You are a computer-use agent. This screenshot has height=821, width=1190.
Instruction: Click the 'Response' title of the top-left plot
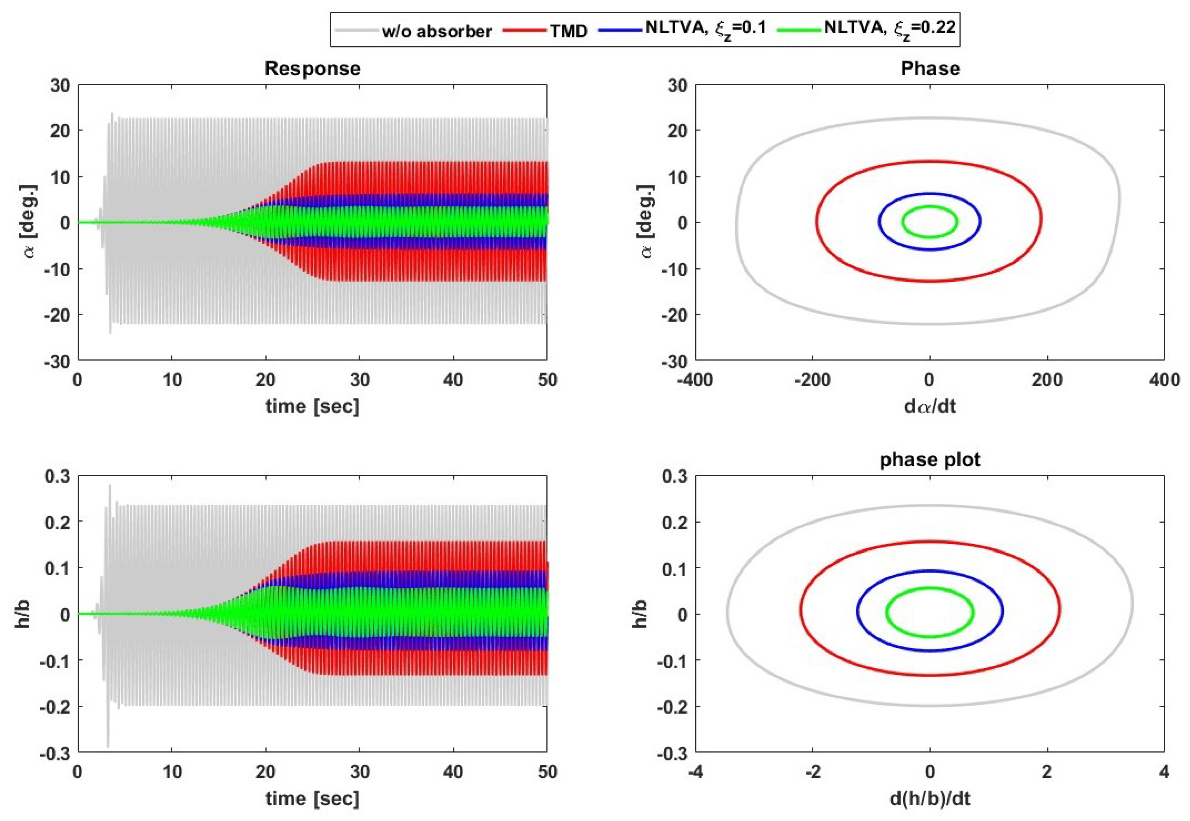pyautogui.click(x=312, y=69)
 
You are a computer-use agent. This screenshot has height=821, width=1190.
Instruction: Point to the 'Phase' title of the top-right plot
pyautogui.click(x=930, y=69)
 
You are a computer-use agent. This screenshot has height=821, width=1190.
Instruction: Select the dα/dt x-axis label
pyautogui.click(x=930, y=407)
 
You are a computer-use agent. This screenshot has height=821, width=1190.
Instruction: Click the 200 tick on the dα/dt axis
pyautogui.click(x=1047, y=380)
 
